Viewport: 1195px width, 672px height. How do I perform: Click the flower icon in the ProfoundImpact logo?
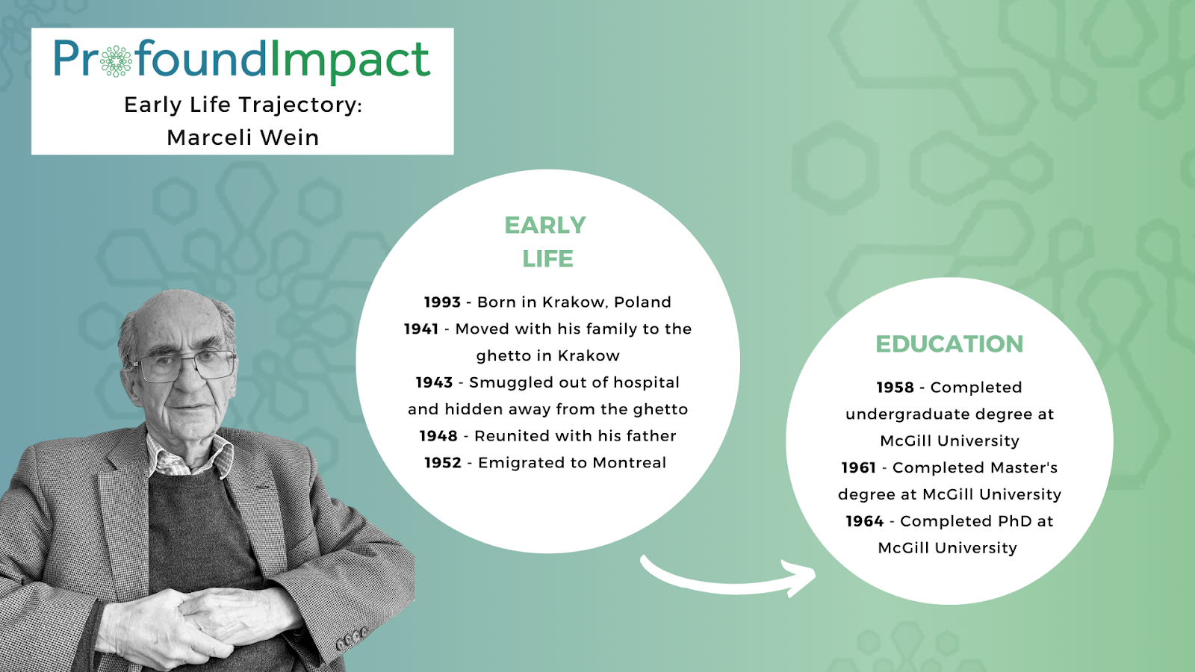116,61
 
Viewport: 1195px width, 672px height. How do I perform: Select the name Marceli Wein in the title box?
243,137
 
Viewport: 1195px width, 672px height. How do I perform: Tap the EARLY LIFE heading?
546,242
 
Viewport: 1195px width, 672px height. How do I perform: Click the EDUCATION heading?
949,344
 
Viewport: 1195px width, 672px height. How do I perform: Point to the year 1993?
442,302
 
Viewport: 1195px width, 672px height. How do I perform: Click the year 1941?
421,329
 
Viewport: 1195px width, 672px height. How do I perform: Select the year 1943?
434,382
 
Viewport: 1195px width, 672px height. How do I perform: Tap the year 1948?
438,436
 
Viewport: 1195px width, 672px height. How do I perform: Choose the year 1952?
443,463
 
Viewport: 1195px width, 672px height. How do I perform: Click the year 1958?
896,388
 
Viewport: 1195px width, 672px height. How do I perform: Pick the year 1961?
859,467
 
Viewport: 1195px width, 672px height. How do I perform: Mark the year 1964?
865,521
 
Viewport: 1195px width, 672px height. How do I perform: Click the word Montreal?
630,463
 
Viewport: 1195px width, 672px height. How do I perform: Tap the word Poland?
643,302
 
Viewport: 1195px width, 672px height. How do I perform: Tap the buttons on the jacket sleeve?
353,636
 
